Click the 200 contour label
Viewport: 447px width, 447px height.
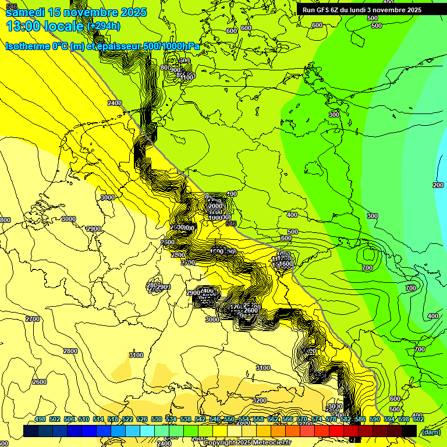[x=438, y=185]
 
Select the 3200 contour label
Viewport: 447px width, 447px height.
[x=260, y=400]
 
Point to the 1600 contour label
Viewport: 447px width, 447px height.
[x=286, y=264]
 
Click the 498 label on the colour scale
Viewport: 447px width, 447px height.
[x=40, y=420]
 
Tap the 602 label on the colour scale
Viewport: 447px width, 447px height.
[x=418, y=420]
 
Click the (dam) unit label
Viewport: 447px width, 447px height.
[x=431, y=432]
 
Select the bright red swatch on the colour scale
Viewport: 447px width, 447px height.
[x=336, y=431]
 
